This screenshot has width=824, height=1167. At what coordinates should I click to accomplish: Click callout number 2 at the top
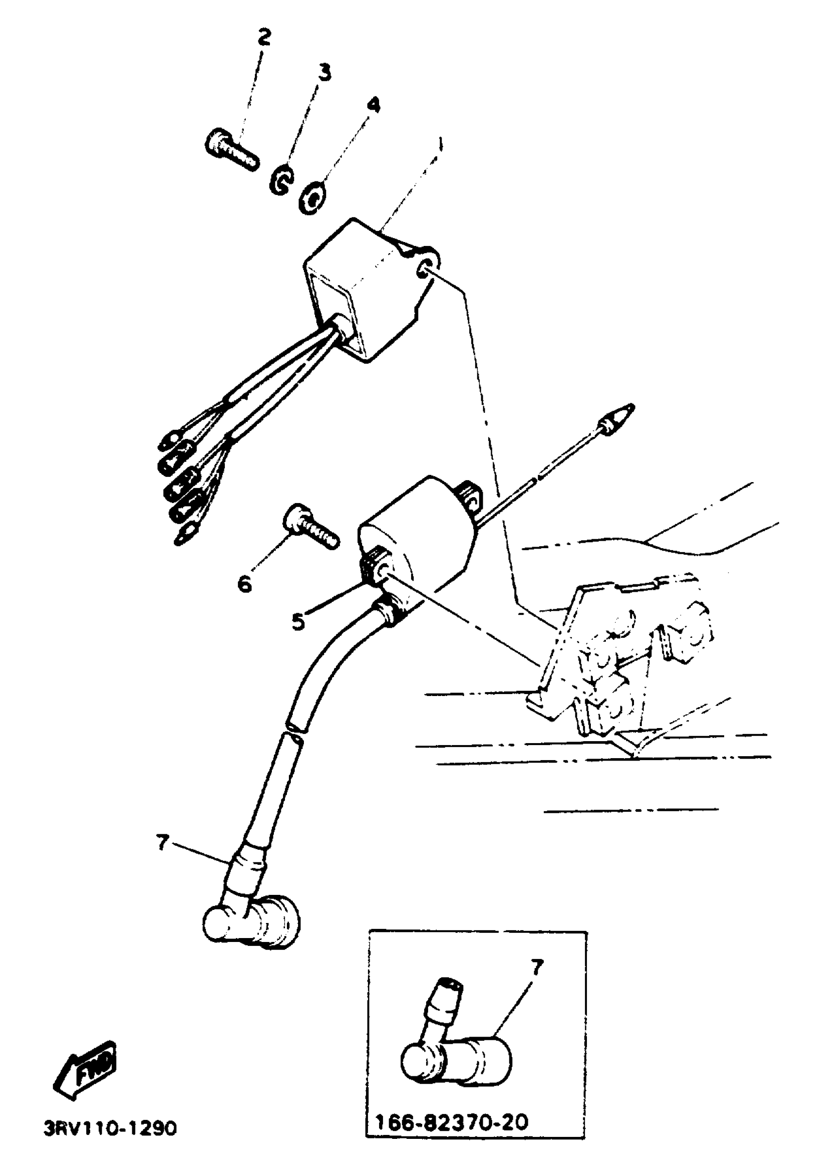click(264, 37)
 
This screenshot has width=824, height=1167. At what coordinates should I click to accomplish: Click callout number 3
click(324, 73)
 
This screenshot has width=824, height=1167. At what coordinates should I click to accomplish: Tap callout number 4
click(373, 105)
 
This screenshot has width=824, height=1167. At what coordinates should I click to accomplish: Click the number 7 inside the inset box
click(537, 967)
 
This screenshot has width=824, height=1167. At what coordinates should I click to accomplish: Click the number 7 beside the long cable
click(162, 843)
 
